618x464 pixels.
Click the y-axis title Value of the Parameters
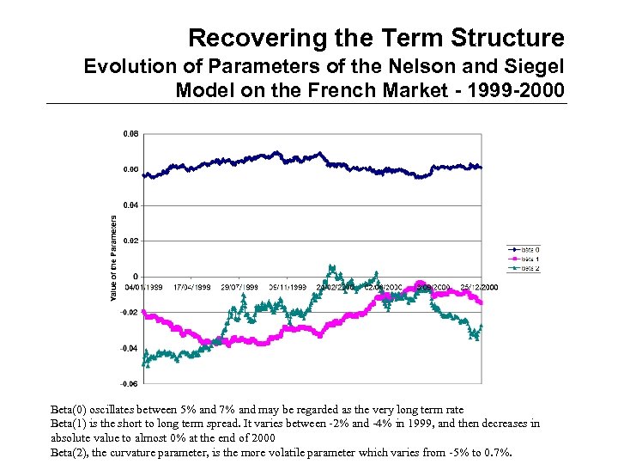(x=113, y=258)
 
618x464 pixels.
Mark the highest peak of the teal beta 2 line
(x=330, y=266)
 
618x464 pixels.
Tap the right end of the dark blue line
(x=481, y=167)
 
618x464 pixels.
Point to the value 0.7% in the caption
(x=495, y=452)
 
